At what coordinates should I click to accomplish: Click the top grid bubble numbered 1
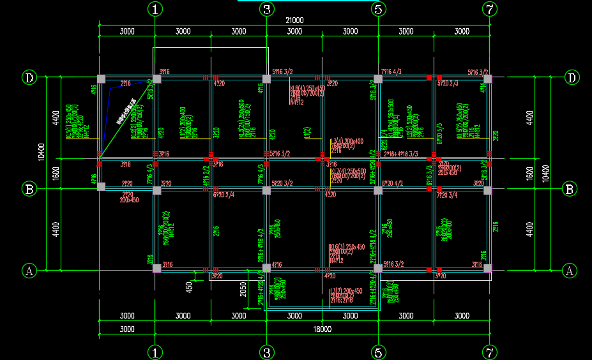tap(155, 9)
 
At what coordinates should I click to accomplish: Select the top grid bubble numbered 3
tap(267, 9)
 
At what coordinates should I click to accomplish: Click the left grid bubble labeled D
tap(29, 78)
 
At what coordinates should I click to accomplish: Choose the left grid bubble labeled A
tap(29, 270)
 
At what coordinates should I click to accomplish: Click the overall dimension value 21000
tap(294, 20)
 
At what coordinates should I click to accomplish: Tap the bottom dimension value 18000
tap(323, 329)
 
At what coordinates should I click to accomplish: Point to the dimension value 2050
tap(243, 289)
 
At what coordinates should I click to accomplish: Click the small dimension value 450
tap(190, 287)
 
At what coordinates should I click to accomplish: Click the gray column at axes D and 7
tap(489, 79)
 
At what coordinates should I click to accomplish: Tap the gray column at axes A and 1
tap(156, 269)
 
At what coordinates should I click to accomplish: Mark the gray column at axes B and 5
tap(378, 190)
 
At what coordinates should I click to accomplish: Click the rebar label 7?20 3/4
tap(447, 195)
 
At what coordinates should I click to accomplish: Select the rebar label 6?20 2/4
tap(224, 195)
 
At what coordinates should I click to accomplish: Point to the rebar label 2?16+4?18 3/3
tap(400, 154)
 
